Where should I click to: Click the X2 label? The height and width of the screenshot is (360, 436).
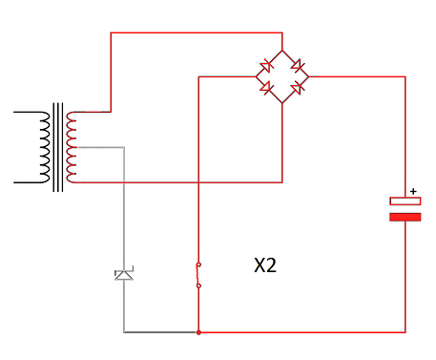265,265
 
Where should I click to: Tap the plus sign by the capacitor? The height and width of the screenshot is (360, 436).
413,191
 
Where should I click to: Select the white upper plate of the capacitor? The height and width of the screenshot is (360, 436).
405,201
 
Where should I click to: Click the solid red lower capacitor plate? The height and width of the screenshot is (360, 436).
405,217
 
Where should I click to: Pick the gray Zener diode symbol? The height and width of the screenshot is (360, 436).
124,274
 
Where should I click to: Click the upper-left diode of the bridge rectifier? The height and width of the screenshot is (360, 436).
266,66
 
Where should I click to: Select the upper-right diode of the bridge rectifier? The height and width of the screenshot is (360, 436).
298,66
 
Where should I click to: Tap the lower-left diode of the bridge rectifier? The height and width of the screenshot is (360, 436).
266,88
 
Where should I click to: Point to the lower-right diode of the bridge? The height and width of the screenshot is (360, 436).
298,88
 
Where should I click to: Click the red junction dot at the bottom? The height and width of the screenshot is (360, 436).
198,332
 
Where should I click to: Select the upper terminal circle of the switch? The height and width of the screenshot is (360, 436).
198,265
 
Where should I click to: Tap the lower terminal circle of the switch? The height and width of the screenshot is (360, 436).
198,286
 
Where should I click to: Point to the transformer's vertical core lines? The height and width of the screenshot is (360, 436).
58,147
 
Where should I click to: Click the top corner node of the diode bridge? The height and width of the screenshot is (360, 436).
282,51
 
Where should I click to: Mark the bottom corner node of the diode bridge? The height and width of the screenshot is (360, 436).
282,103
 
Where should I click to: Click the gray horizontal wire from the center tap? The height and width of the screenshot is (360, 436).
101,147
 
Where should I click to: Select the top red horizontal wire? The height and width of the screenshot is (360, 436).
197,32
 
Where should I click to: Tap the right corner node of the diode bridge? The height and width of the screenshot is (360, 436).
308,76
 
